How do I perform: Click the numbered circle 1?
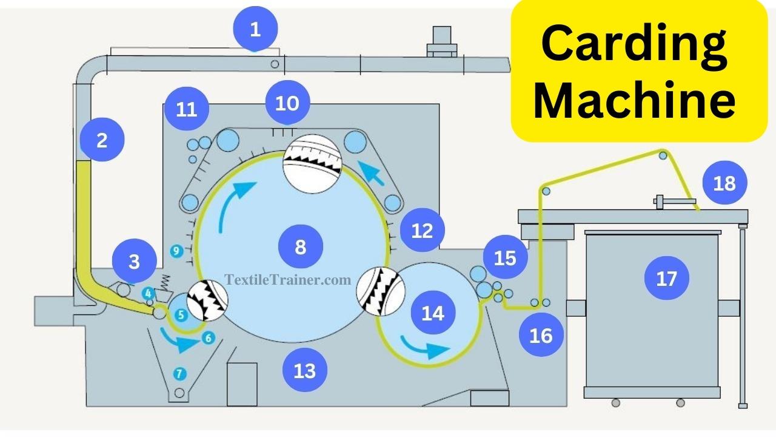[x=255, y=29]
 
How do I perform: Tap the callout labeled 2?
[x=102, y=140]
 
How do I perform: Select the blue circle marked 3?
[x=134, y=262]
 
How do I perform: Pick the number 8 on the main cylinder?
[x=301, y=246]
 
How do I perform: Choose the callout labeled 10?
[x=287, y=103]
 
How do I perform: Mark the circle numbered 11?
[x=187, y=110]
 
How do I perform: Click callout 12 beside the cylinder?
[x=423, y=230]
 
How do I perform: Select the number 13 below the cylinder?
[x=305, y=370]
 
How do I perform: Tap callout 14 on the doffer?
[x=433, y=313]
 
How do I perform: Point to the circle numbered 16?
[x=541, y=334]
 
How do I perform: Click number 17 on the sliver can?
[x=666, y=279]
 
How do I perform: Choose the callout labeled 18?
[x=724, y=183]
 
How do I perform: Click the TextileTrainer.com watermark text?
[x=288, y=280]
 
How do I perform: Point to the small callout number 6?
[x=208, y=338]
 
